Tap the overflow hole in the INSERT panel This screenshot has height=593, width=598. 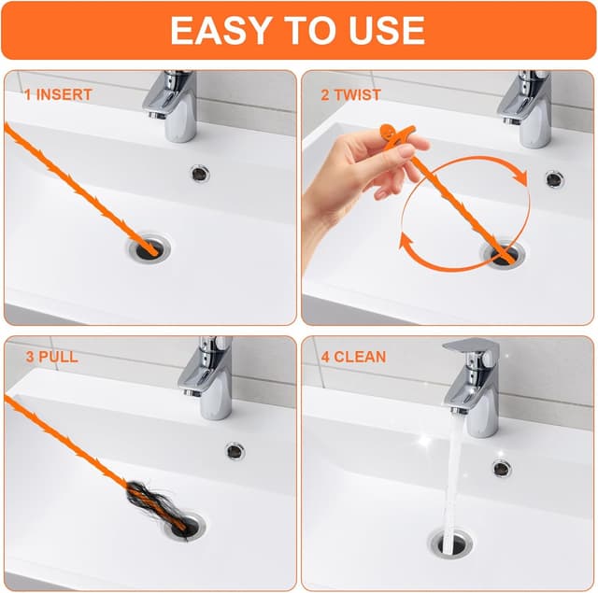click(x=201, y=172)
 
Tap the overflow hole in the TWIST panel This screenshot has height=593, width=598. click(x=554, y=177)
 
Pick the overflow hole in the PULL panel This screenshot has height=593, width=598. click(x=234, y=450)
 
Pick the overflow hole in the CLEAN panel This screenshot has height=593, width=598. click(x=502, y=468)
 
